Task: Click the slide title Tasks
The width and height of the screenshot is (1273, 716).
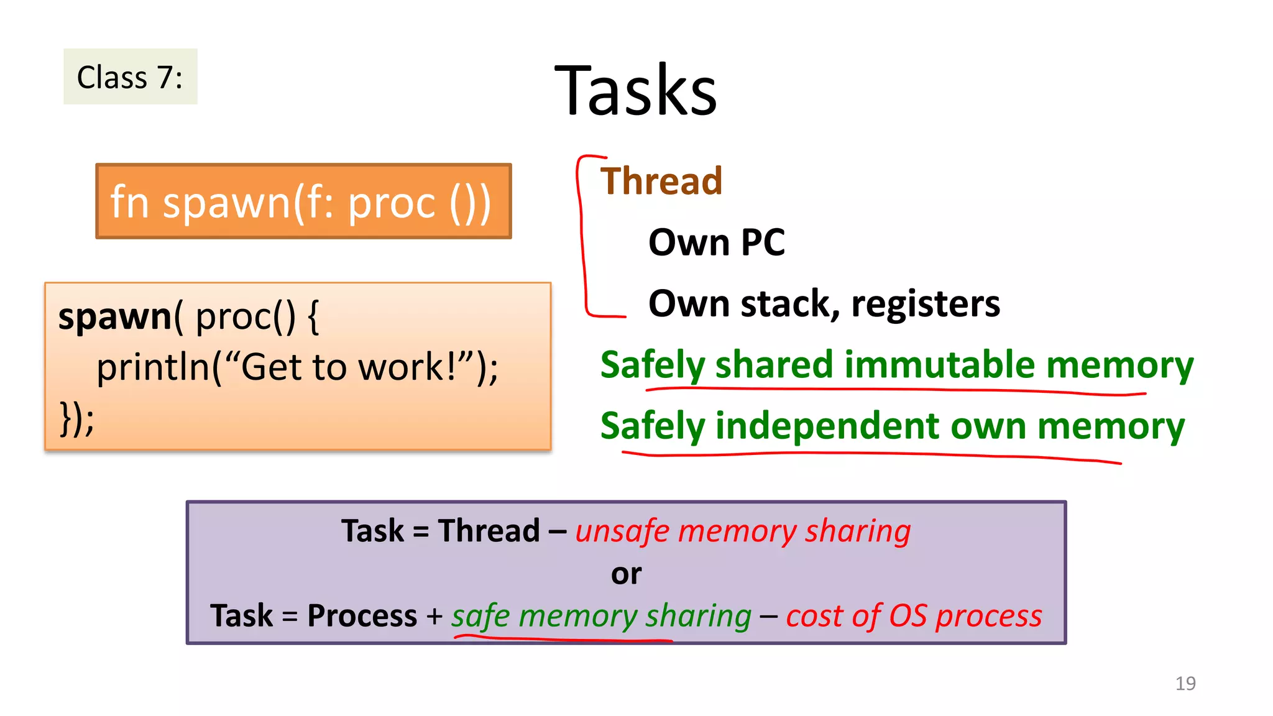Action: (635, 91)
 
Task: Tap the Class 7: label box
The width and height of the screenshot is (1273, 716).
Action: (130, 77)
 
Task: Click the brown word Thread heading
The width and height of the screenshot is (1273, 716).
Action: (661, 181)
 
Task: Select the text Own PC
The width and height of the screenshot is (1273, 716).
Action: (716, 242)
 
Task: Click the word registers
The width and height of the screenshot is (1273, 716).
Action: (925, 305)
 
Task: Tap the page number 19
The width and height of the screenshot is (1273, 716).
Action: (1185, 683)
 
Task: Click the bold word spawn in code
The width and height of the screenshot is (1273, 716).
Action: (114, 316)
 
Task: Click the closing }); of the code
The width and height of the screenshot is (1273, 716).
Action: (76, 418)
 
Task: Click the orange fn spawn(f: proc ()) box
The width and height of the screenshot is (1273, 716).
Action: (303, 201)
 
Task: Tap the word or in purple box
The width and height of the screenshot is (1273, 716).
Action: (626, 574)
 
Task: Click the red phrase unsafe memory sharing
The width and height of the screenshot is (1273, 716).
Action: (743, 531)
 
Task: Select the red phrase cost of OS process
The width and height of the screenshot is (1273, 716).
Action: (914, 616)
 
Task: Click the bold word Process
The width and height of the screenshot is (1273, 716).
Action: (362, 616)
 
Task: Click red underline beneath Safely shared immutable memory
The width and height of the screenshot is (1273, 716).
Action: (895, 390)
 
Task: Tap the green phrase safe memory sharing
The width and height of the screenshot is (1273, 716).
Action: (601, 616)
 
